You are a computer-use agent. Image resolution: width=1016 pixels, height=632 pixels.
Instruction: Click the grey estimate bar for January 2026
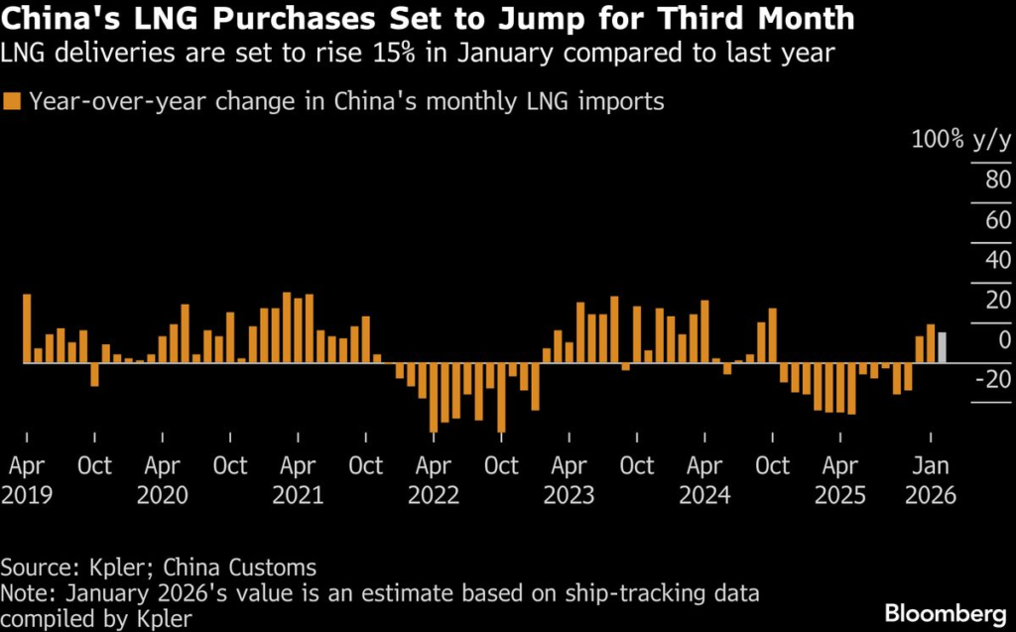pos(942,347)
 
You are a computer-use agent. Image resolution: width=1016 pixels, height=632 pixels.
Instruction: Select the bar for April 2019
pos(27,328)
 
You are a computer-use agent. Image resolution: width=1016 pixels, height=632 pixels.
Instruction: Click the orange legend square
pos(12,100)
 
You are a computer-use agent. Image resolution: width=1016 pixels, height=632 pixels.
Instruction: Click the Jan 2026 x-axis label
pos(930,480)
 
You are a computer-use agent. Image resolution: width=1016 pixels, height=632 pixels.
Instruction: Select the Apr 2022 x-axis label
pos(433,480)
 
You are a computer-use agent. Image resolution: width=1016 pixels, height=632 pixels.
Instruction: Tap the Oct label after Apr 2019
pos(94,465)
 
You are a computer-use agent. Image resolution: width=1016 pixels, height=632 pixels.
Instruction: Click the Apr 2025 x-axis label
pos(840,480)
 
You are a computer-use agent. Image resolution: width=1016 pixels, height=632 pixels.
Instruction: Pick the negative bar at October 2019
pos(94,374)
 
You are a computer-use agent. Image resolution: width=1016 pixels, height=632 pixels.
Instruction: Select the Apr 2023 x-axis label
pos(569,480)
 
